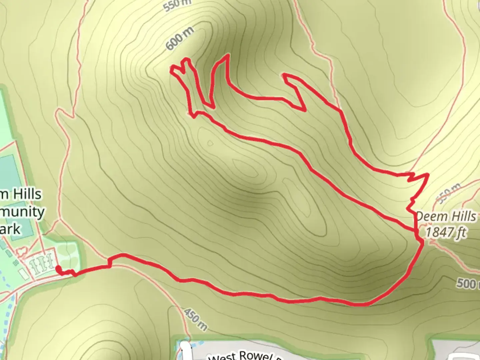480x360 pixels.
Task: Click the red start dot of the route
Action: click(58, 269)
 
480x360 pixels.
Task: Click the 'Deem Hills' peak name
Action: click(446, 217)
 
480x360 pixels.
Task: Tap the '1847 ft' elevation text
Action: click(446, 232)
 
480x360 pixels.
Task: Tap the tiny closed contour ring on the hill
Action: click(210, 143)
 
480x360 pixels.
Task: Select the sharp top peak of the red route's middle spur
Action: click(228, 55)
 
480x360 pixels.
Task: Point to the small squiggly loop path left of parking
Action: click(22, 251)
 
